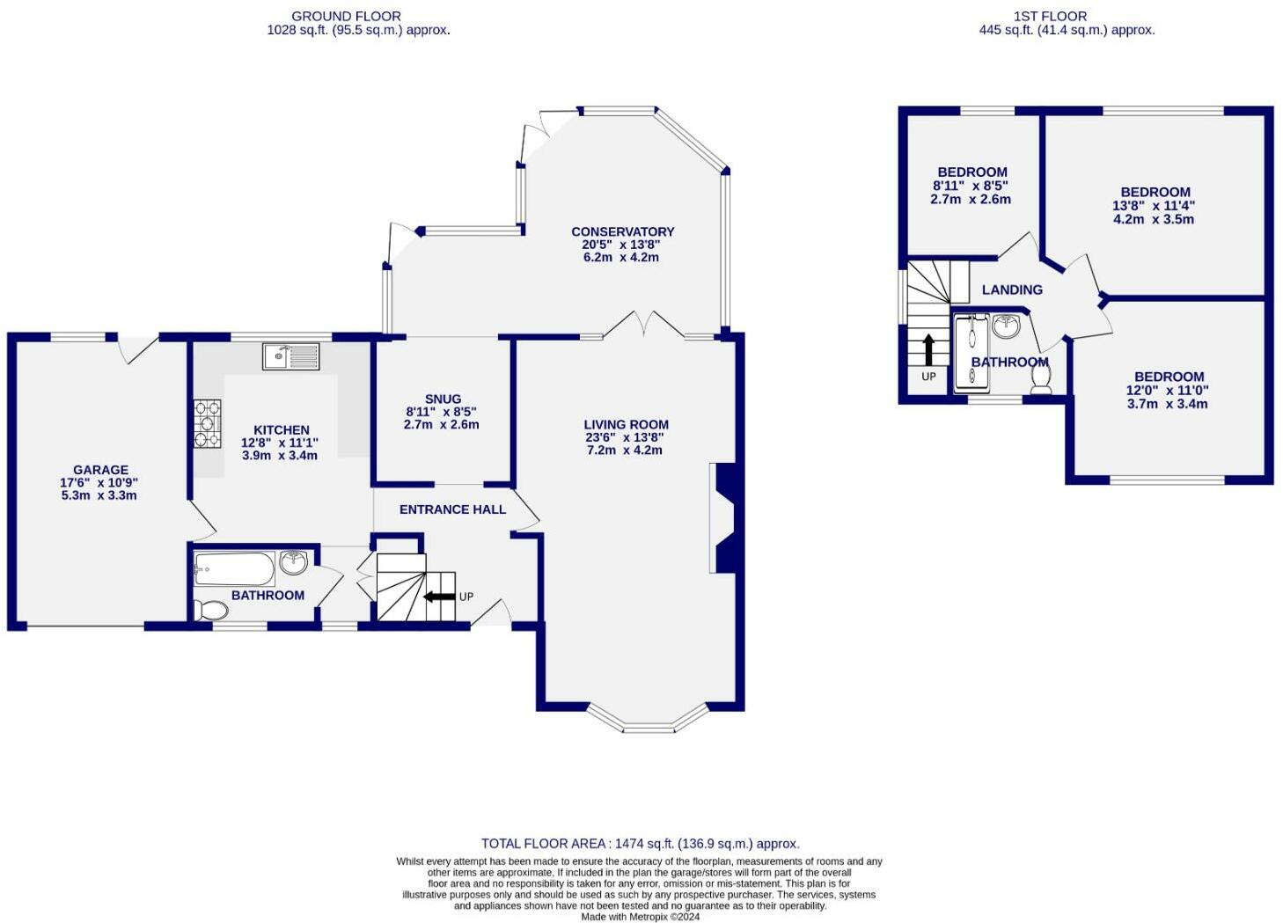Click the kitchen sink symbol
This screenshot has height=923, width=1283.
[291, 356]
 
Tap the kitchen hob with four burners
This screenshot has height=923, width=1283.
[208, 424]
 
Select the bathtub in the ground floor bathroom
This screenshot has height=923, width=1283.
[234, 568]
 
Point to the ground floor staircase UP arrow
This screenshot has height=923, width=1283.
[439, 597]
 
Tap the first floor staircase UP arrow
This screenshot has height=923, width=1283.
[929, 350]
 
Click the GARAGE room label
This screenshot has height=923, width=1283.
[101, 470]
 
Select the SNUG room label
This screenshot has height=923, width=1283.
[443, 399]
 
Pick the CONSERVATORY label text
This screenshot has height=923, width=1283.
[623, 232]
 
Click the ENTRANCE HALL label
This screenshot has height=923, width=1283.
[452, 509]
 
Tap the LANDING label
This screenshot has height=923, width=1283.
[1012, 289]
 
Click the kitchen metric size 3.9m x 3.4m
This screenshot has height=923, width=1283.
[280, 456]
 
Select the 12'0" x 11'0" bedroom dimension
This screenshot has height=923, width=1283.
[1168, 391]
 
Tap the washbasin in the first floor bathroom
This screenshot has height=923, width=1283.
[1007, 327]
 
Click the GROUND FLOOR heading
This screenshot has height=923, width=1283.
[346, 17]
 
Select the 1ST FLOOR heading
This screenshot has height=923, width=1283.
[1066, 17]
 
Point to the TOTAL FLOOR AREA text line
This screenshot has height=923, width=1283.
[641, 844]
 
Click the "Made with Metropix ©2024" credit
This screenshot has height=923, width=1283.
[641, 917]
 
